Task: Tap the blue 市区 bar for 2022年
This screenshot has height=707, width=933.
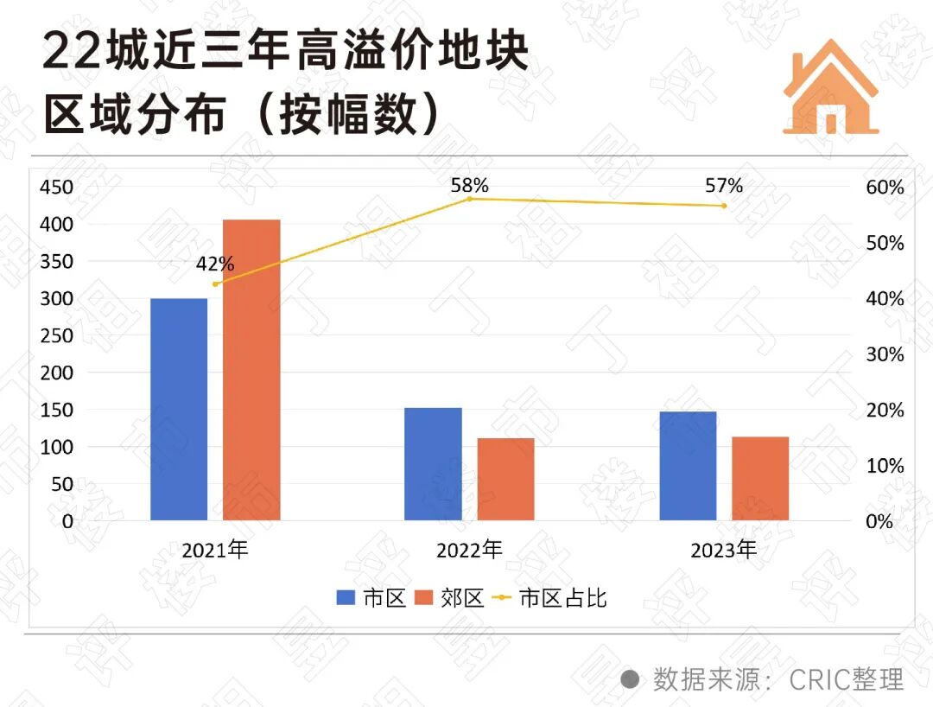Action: [433, 464]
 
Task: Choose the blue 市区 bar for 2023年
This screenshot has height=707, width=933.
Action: [688, 466]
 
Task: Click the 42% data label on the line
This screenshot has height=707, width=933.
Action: [214, 264]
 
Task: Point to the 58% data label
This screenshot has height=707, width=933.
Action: [469, 185]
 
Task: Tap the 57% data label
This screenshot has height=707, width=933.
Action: [723, 185]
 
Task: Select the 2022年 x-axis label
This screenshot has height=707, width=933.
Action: [469, 550]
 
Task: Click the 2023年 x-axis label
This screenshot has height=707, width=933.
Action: [723, 550]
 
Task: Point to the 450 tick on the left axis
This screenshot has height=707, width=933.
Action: [57, 188]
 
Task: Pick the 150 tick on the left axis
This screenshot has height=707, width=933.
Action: [57, 411]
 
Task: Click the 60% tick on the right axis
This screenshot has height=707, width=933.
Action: [885, 188]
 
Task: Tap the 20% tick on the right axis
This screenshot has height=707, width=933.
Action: [885, 411]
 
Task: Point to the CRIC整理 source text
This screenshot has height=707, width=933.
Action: [846, 678]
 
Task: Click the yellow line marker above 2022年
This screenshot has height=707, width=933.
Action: [469, 199]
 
